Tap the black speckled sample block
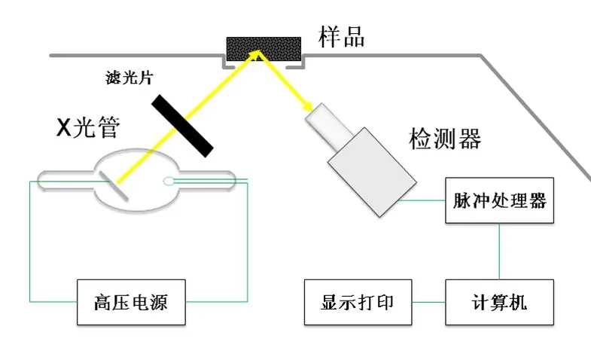[x=264, y=50]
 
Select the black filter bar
[x=181, y=125]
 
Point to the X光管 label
[x=88, y=127]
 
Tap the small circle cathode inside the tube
[x=169, y=181]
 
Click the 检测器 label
[x=444, y=139]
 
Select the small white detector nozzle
[x=324, y=121]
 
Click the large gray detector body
[x=371, y=172]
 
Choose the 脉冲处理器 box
[x=500, y=201]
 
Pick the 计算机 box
[x=498, y=302]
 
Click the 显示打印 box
[x=358, y=302]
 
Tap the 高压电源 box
[x=131, y=303]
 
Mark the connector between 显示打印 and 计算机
[x=428, y=303]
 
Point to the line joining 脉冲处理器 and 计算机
[x=498, y=251]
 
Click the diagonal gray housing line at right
[x=535, y=113]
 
